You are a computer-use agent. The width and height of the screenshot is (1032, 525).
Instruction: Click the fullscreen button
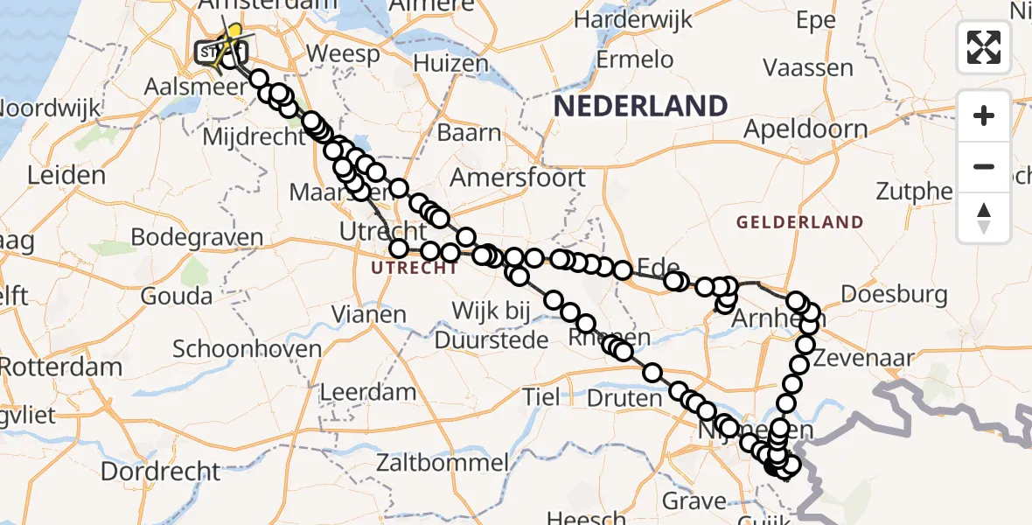click(x=984, y=46)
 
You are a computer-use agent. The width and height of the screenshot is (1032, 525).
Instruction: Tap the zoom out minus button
click(x=984, y=166)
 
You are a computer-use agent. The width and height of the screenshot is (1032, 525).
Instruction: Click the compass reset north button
click(x=984, y=217)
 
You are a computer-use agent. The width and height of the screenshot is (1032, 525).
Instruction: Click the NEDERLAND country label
click(x=640, y=107)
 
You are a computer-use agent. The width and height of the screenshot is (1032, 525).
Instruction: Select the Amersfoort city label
click(x=518, y=178)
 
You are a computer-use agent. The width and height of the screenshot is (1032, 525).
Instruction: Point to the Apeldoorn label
click(x=805, y=129)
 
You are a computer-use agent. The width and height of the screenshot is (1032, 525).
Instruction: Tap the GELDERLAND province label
click(x=799, y=222)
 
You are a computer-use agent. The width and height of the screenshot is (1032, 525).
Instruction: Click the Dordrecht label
click(x=160, y=472)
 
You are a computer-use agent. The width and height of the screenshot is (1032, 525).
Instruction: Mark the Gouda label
click(x=177, y=296)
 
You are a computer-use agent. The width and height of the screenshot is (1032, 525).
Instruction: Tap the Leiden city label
click(x=66, y=175)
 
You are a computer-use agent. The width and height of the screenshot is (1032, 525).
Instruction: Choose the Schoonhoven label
click(x=247, y=348)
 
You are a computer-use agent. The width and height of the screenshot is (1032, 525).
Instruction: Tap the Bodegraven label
click(x=198, y=237)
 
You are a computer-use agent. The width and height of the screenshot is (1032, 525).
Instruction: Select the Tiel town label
click(x=541, y=397)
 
